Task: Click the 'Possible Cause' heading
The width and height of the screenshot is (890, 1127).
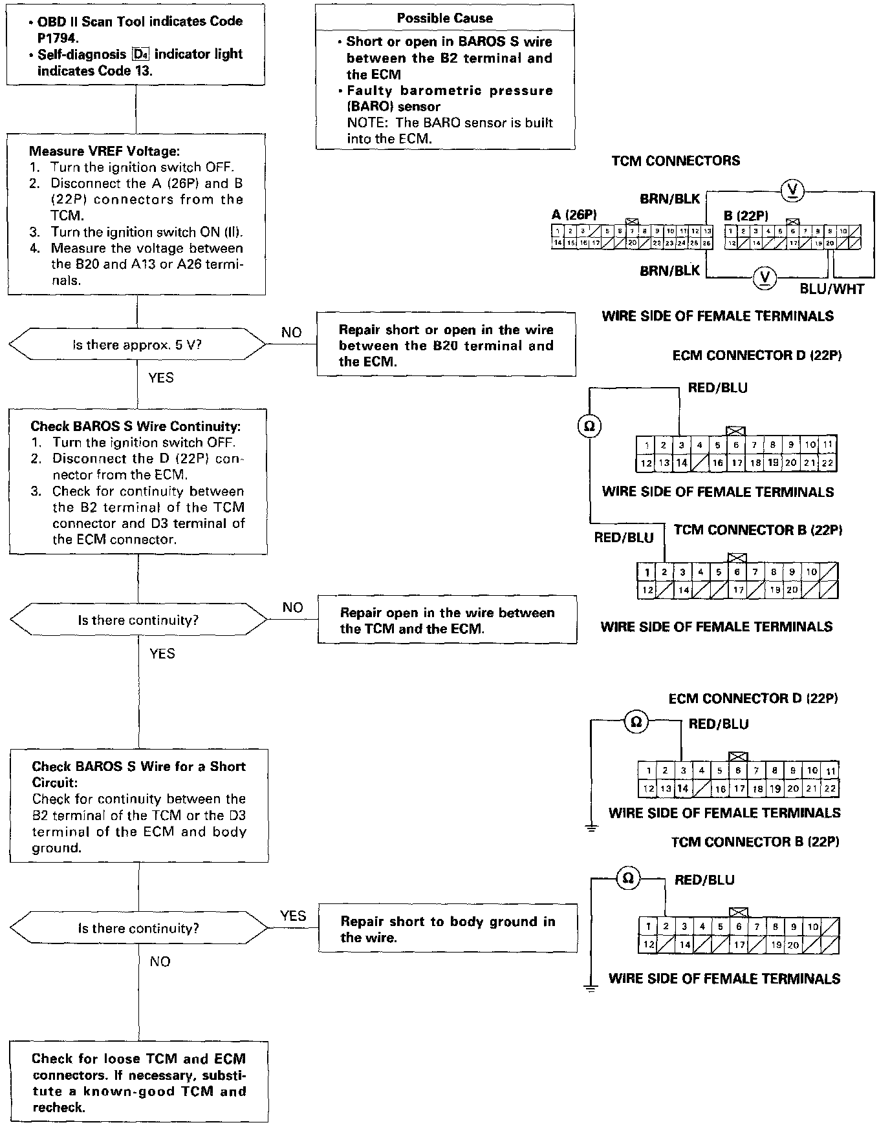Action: tap(444, 18)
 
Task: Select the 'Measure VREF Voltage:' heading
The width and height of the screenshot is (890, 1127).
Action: tap(104, 151)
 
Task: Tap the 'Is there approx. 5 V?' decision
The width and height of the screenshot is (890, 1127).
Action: tap(137, 345)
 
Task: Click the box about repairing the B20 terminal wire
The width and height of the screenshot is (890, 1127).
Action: tap(446, 345)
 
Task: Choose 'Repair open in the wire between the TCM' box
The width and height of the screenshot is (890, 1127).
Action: tap(447, 620)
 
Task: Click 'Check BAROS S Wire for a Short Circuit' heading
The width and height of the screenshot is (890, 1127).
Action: tap(138, 774)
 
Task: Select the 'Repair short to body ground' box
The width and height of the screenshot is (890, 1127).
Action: tap(448, 929)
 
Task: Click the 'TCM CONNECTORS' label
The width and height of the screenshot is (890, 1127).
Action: tap(675, 161)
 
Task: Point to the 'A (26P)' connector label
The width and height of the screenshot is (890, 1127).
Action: tap(574, 215)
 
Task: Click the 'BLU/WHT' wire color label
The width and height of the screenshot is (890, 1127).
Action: tap(832, 289)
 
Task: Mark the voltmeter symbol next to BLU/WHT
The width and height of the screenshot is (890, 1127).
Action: tap(765, 278)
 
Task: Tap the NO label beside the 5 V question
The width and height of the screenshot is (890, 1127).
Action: tap(291, 332)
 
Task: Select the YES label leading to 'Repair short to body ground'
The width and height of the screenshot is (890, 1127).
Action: tap(293, 916)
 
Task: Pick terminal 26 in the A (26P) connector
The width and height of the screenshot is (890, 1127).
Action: tap(707, 244)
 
